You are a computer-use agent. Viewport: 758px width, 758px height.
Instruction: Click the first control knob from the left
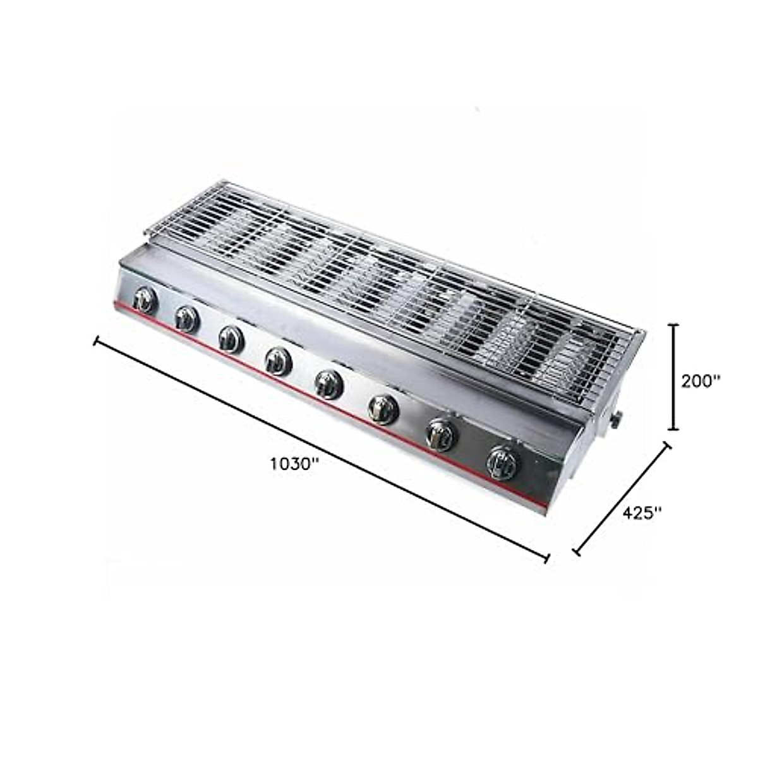(145, 301)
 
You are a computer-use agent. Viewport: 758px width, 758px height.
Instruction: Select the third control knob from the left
(231, 339)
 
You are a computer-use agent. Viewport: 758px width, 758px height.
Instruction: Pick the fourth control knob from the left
(279, 361)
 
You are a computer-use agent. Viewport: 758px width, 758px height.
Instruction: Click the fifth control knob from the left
(329, 384)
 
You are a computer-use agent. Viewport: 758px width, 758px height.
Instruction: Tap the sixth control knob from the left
(383, 410)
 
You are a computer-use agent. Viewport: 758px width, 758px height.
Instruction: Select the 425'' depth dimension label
(642, 512)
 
